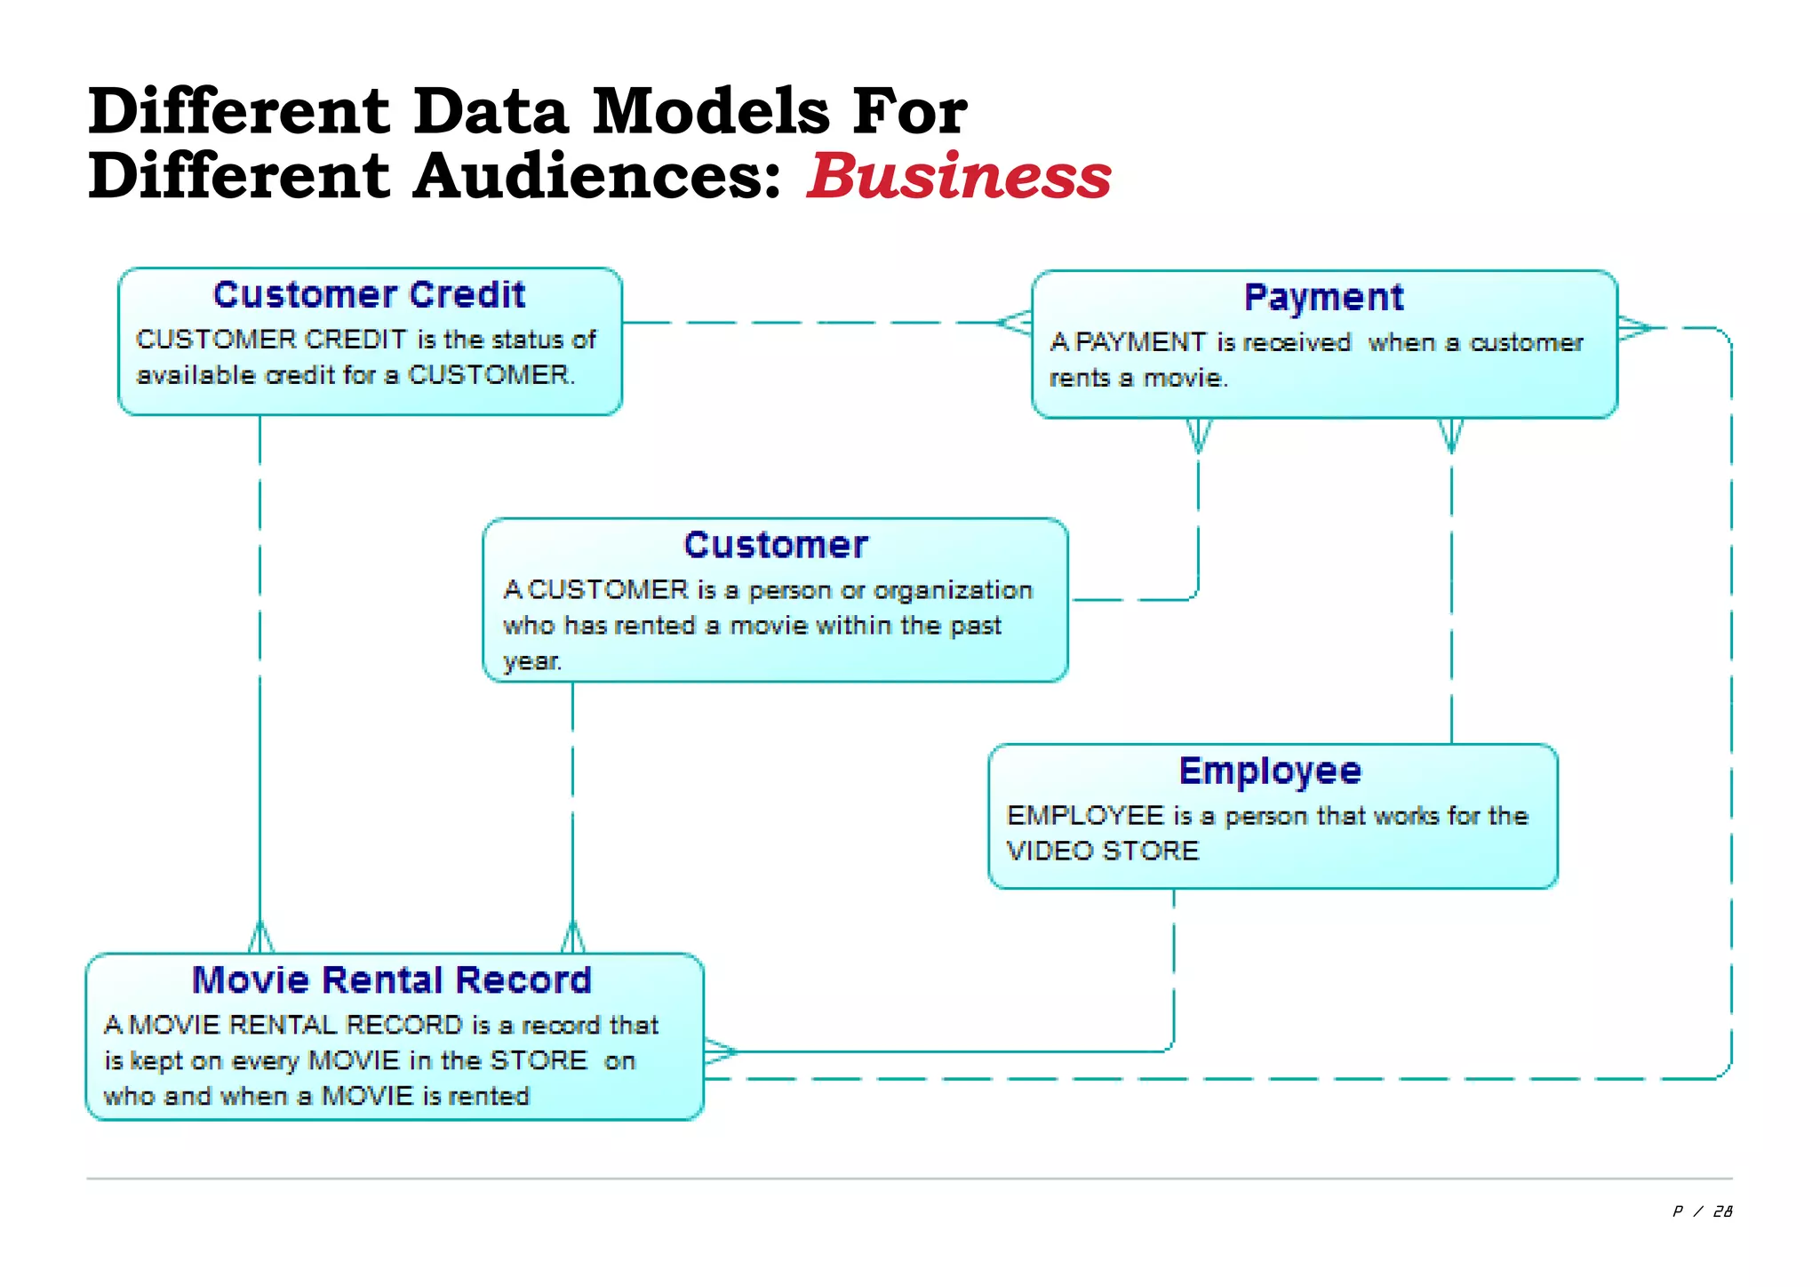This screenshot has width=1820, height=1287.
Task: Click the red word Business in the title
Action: [958, 175]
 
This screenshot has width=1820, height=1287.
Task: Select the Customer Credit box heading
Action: [369, 294]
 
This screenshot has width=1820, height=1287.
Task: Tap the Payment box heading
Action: [1323, 297]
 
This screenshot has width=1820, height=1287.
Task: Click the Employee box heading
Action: [1270, 771]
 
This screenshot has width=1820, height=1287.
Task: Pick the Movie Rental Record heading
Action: [392, 980]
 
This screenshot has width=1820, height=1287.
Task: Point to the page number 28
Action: [1722, 1211]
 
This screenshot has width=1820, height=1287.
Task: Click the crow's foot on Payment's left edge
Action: [1014, 322]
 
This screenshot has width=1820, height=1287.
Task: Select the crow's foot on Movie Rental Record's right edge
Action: [721, 1052]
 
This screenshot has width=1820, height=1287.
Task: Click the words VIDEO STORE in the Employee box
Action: [1103, 851]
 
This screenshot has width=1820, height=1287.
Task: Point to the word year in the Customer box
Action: [531, 661]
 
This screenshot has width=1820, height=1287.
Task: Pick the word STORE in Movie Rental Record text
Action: [539, 1060]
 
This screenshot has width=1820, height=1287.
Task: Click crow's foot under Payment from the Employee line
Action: [1451, 435]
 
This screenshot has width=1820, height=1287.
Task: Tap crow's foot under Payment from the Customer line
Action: [1198, 435]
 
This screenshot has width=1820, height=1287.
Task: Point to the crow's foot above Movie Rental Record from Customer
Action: [573, 938]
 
